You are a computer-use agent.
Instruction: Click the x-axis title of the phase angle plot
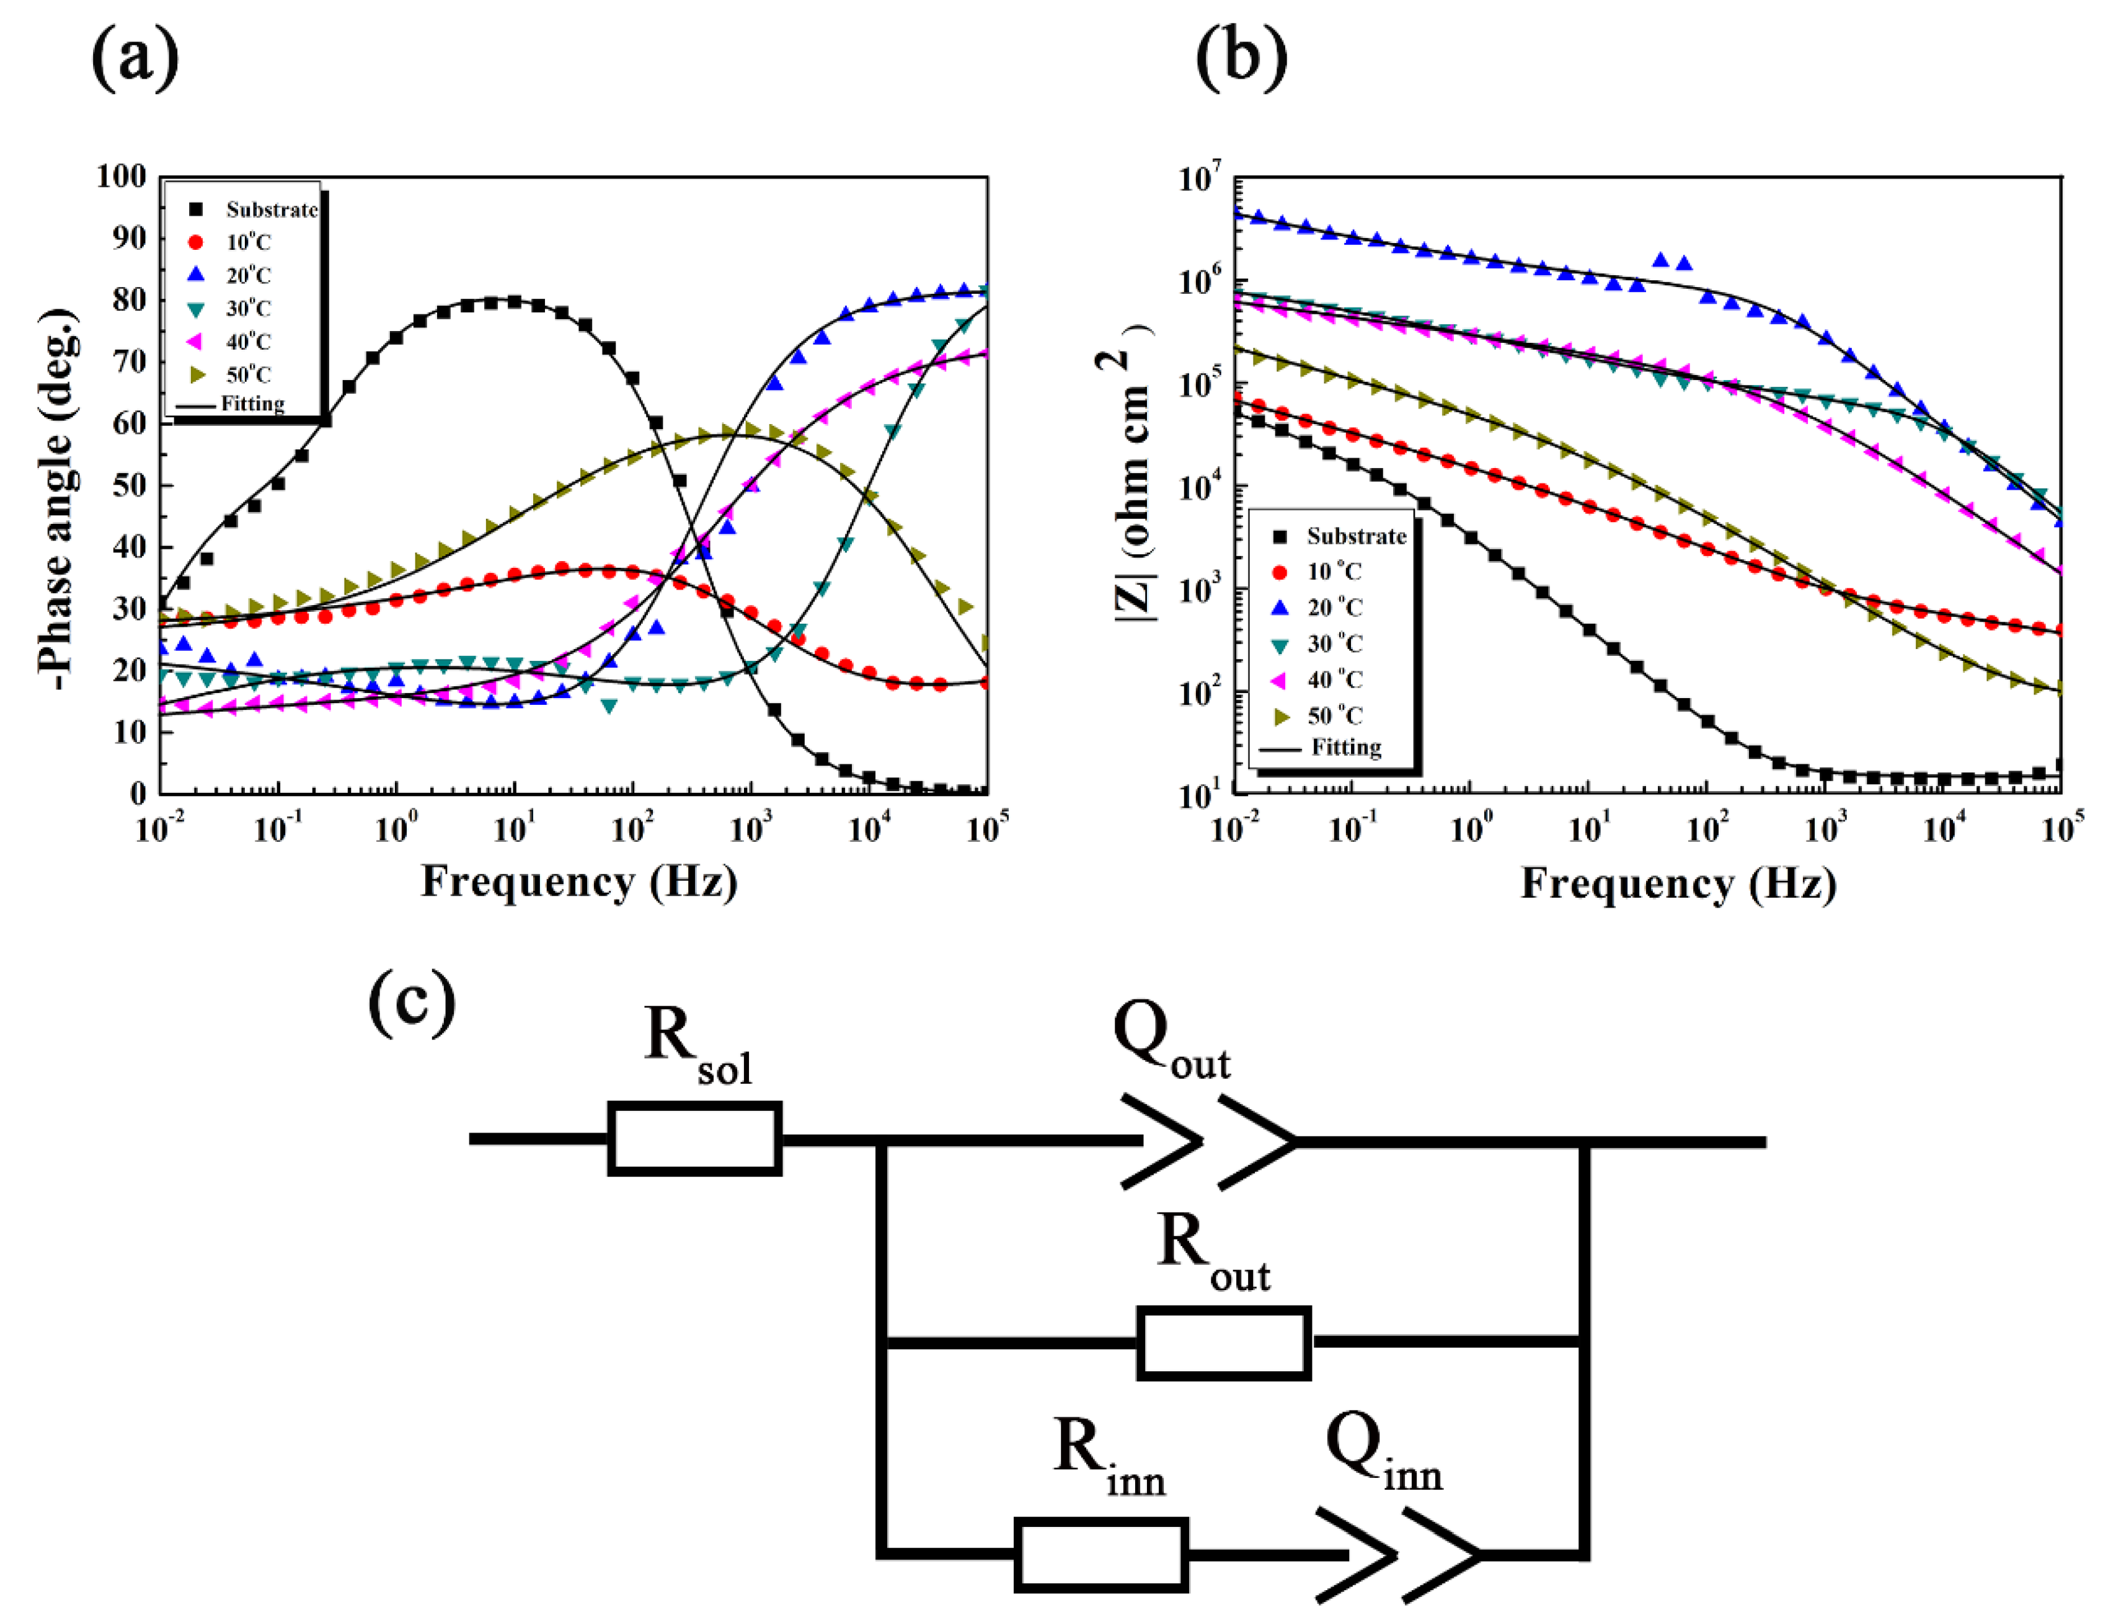click(578, 881)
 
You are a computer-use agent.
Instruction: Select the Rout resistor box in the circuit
click(1223, 1342)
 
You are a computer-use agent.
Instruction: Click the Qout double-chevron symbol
click(1208, 1142)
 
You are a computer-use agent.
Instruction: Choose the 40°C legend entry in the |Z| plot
click(1334, 679)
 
